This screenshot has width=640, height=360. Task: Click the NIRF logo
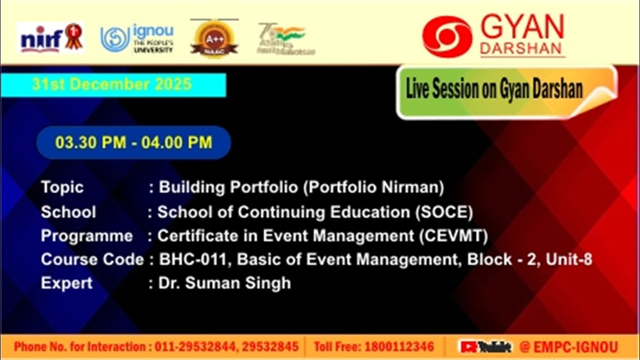(50, 38)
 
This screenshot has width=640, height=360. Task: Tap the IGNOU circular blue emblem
(115, 39)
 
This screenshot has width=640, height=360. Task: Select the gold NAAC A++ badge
(214, 39)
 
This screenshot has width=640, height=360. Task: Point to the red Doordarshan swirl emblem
(447, 36)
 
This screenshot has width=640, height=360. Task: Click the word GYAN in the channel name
(522, 27)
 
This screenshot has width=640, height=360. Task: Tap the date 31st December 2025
(112, 84)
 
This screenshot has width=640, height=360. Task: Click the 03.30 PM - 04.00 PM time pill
(133, 142)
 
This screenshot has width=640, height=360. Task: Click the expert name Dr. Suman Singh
(224, 283)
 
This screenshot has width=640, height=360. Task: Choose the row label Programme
(86, 235)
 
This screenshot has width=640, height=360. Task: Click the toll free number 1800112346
(399, 346)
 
